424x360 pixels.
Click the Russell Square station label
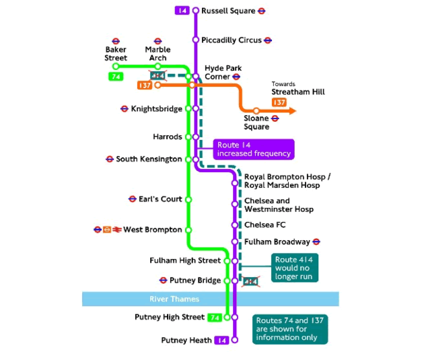coord(228,11)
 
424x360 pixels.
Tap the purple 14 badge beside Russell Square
coord(182,11)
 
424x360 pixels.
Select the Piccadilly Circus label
coord(231,40)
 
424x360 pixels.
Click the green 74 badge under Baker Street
coord(116,77)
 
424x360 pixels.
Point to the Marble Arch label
coord(157,53)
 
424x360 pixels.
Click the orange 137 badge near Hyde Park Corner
coord(144,85)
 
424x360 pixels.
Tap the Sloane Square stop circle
coord(256,110)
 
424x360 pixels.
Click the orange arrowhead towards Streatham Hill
coord(291,110)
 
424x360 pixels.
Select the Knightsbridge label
coord(156,108)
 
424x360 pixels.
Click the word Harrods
coord(168,137)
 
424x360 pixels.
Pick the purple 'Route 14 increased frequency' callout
coord(254,149)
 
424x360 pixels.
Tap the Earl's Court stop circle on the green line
coord(188,199)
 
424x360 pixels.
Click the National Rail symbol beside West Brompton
coord(116,229)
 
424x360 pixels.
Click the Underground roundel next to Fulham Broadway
coord(316,242)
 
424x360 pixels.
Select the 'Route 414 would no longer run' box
coord(296,268)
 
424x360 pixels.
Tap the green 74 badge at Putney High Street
coord(215,317)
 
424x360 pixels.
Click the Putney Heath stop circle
coord(235,340)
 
